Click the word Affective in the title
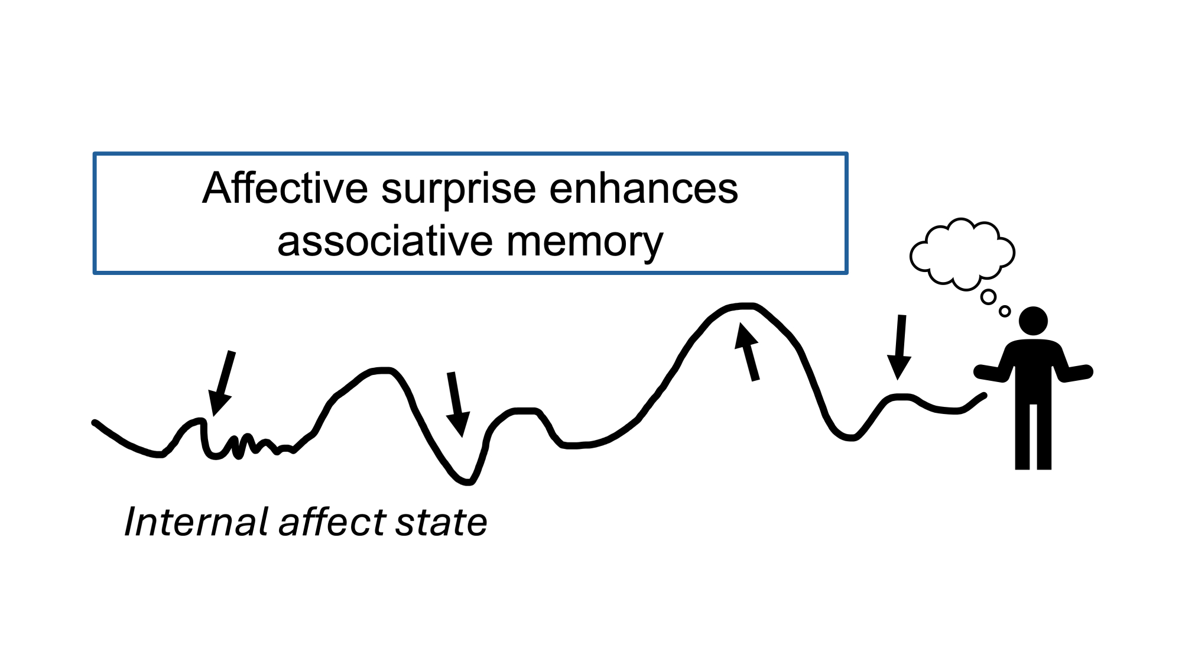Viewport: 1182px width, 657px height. pyautogui.click(x=285, y=189)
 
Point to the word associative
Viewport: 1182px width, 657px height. pyautogui.click(x=385, y=242)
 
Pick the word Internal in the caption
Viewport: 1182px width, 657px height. pyautogui.click(x=197, y=522)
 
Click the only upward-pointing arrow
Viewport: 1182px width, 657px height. pyautogui.click(x=747, y=351)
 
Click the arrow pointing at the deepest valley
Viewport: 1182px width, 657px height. pyautogui.click(x=457, y=404)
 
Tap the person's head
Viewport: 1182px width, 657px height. pyautogui.click(x=1033, y=321)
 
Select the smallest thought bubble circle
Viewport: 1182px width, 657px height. pyautogui.click(x=1005, y=311)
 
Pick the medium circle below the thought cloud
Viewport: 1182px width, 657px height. pyautogui.click(x=988, y=297)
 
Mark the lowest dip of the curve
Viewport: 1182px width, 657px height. pyautogui.click(x=467, y=482)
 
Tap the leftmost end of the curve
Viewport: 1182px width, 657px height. pyautogui.click(x=95, y=423)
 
